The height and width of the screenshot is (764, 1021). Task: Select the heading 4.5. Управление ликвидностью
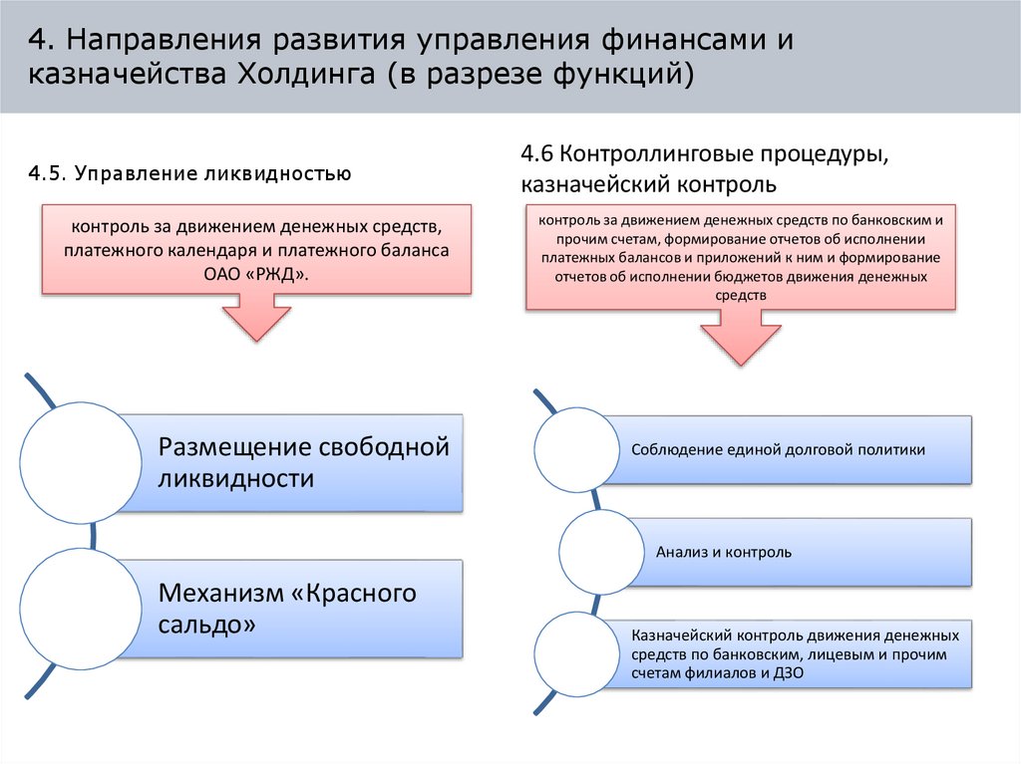tap(189, 174)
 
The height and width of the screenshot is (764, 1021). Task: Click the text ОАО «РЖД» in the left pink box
tap(257, 273)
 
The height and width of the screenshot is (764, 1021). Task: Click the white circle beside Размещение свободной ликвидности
tap(81, 464)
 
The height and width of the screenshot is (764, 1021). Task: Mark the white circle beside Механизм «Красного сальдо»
tap(81, 610)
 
